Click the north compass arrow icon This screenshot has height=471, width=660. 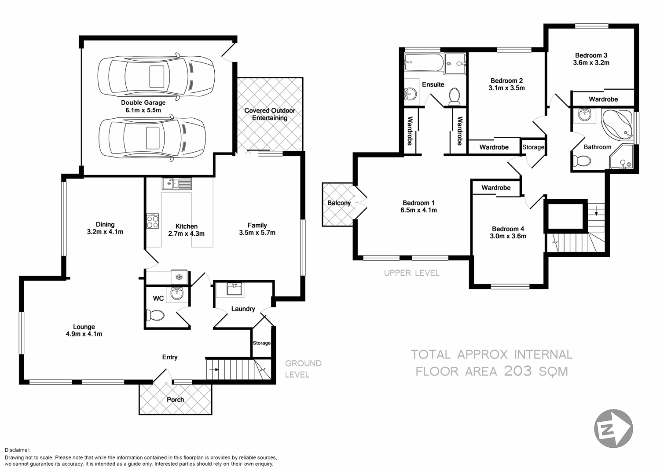(x=613, y=428)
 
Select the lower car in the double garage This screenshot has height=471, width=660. (x=152, y=137)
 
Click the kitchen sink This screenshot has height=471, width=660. (x=176, y=183)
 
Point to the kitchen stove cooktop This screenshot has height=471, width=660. (x=153, y=221)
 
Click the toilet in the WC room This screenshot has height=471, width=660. (x=154, y=315)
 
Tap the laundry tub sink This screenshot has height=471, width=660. (x=233, y=289)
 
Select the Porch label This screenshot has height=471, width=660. (x=175, y=400)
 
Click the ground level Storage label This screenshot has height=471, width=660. (x=261, y=343)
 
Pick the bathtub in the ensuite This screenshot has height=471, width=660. (x=424, y=63)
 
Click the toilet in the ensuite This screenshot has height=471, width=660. (x=454, y=96)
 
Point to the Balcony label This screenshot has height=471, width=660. (x=339, y=203)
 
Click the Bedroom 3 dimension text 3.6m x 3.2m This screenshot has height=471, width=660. (x=591, y=63)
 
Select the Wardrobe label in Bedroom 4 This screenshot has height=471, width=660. (x=496, y=188)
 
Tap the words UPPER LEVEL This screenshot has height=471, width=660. (x=411, y=273)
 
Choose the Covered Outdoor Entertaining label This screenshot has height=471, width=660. (x=270, y=114)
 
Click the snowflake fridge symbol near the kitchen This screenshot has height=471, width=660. (x=179, y=277)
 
